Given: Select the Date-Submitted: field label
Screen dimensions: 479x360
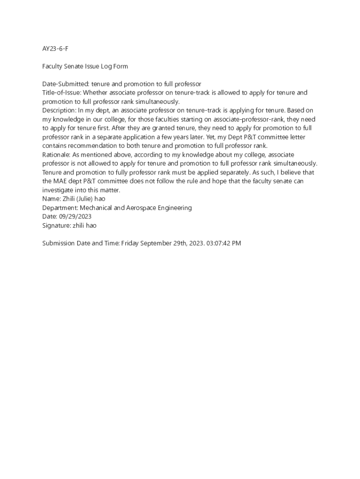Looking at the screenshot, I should tap(65, 84).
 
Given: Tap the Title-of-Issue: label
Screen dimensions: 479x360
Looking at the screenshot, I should tap(62, 93).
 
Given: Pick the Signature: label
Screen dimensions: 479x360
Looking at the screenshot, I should tap(56, 225).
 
